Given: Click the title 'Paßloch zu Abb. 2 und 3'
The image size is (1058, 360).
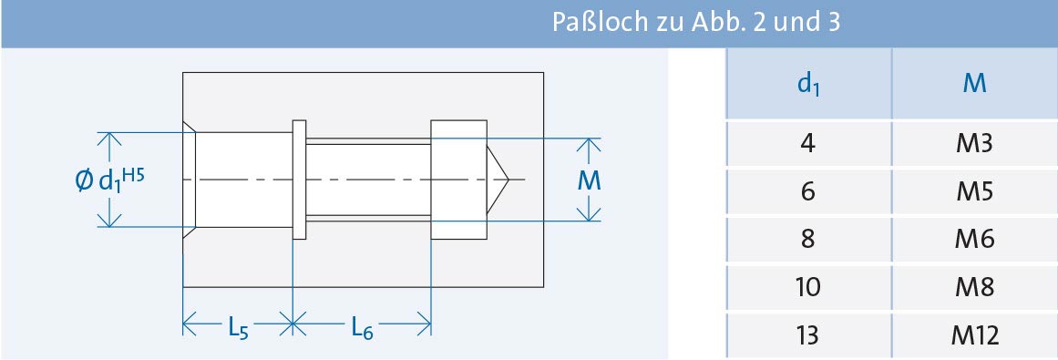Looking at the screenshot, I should [695, 22].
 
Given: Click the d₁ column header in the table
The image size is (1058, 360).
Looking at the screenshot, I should [807, 84].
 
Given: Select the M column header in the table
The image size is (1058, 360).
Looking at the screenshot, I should [974, 84].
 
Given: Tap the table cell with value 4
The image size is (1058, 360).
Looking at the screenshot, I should [807, 144].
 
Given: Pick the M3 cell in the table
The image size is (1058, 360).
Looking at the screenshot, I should [974, 144].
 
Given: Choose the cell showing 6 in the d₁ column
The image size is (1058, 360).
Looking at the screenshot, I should [807, 192].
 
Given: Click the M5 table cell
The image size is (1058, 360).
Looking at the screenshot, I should [974, 192].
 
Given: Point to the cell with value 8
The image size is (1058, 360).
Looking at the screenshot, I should [807, 240].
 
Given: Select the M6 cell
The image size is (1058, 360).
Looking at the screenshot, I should [974, 240].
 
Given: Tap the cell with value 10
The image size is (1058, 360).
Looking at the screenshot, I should [807, 288].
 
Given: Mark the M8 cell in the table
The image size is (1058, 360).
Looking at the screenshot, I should [974, 288].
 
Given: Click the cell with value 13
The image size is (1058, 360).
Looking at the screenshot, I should [807, 335].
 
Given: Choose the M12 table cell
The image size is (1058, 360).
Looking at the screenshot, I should [974, 335].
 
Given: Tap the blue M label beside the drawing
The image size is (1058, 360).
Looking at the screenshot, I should [591, 181].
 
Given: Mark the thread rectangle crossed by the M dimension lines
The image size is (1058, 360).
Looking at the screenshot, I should [458, 179].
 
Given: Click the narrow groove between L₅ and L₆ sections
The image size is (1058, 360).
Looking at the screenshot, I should [299, 179].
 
